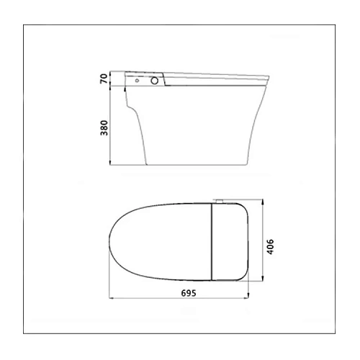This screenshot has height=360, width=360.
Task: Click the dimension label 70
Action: [104, 78]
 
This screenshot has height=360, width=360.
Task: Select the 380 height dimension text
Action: [104, 128]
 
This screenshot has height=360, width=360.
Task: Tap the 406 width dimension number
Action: [270, 247]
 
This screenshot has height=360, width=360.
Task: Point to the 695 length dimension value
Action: [189, 293]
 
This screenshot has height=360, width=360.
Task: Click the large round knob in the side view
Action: [155, 81]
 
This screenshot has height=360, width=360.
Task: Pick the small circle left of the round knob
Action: [137, 81]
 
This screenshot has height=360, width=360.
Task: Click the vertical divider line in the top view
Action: [212, 242]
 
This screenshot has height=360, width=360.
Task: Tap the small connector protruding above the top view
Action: [219, 201]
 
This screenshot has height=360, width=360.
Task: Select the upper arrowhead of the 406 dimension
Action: [263, 202]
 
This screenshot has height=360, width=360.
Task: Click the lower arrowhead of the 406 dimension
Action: [263, 279]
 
